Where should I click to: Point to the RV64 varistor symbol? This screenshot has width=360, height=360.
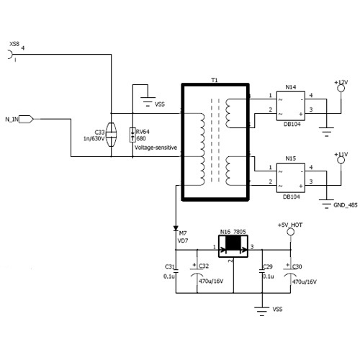click(x=132, y=135)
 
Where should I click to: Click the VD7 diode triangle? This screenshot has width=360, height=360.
click(x=176, y=228)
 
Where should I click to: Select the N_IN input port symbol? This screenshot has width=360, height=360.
click(x=26, y=119)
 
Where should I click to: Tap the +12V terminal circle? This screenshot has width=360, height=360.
click(x=341, y=89)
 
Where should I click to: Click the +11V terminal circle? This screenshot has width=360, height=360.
click(x=341, y=161)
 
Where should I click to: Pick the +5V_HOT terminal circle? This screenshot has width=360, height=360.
click(x=290, y=232)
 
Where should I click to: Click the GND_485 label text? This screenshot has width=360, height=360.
click(x=346, y=205)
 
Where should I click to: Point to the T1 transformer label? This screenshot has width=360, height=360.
click(x=215, y=80)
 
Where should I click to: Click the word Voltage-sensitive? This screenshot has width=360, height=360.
click(x=156, y=148)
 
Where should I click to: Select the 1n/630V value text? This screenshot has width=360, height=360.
click(x=94, y=138)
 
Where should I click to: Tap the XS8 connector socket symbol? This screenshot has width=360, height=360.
click(x=10, y=54)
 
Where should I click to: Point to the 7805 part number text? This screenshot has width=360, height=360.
click(x=240, y=232)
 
